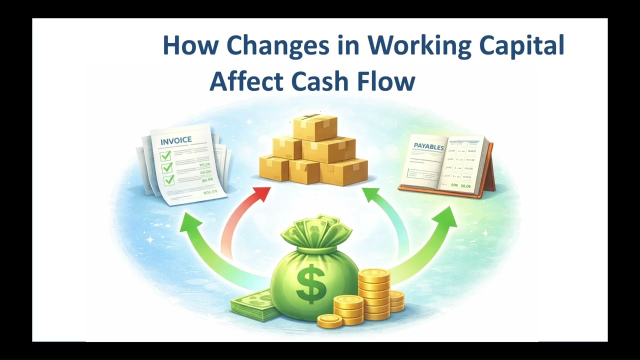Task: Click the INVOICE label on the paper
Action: [175, 140]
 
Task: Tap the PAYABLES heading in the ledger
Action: [429, 146]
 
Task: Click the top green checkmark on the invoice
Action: [166, 155]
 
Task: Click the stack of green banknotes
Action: [255, 305]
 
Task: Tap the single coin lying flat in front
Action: [329, 320]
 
